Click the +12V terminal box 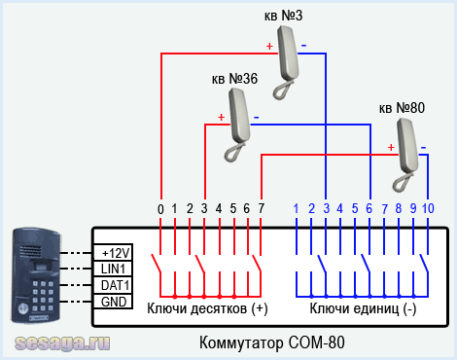pos(113,252)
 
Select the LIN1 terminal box pos(113,269)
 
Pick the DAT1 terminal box pos(113,285)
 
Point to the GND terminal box pos(113,302)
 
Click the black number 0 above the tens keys pos(160,209)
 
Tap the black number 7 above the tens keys pos(262,208)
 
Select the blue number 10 pos(428,208)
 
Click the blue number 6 pos(369,208)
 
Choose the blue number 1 pos(296,208)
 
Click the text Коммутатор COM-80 pos(272,342)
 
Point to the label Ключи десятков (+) pos(207,308)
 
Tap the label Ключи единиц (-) pos(363,308)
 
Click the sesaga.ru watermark pos(62,342)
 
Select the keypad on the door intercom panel pos(43,296)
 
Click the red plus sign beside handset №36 pos(221,117)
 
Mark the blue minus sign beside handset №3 pos(303,46)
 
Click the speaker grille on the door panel pos(31,251)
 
